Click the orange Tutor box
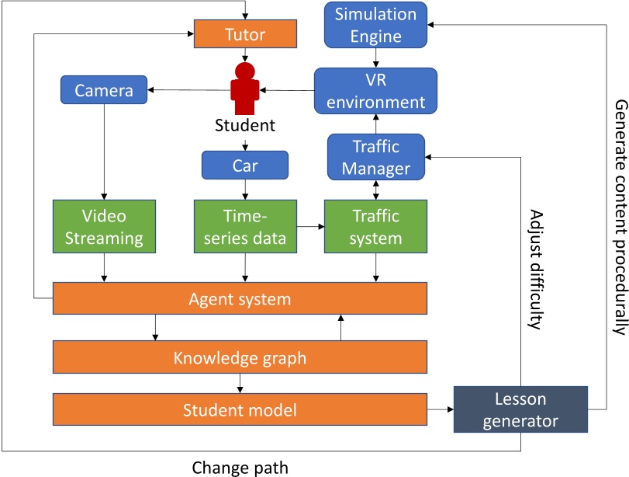coord(244,34)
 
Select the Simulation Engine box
coord(376,24)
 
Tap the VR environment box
coord(376,91)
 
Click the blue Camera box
coord(104,91)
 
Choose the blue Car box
coord(245,165)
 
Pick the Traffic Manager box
coord(376,156)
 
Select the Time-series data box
coord(245,228)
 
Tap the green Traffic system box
coord(375,228)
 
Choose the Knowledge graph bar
coord(240,358)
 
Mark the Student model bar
coord(240,409)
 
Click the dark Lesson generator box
coord(520,409)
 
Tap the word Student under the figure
coord(245,125)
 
